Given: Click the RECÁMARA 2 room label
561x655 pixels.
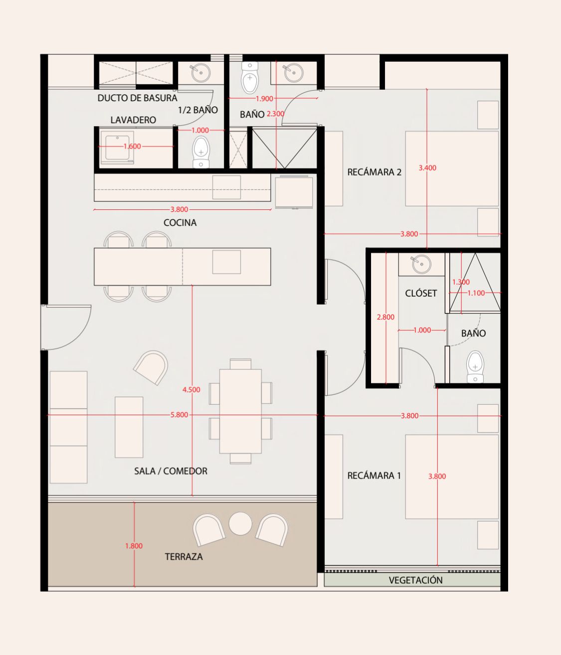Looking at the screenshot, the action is tap(374, 172).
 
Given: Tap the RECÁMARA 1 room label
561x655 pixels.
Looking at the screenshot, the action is tap(374, 476).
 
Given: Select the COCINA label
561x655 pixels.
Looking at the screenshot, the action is tap(180, 223).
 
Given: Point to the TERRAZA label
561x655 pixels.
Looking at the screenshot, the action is tap(184, 556).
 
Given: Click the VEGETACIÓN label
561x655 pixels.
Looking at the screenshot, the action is tap(415, 580).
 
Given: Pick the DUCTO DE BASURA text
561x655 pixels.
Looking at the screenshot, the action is tap(137, 98).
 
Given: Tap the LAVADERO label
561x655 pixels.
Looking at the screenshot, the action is tap(133, 120).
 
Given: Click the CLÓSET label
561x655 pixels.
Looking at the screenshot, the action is tap(421, 293).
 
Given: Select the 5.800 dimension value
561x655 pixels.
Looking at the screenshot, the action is tap(179, 415).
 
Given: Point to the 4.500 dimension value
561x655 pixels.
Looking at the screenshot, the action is tap(191, 390).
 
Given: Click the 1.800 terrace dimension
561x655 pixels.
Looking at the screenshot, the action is tap(134, 546).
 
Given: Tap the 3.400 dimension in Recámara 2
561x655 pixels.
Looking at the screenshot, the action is tap(427, 168).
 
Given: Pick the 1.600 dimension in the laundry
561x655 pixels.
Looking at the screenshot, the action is tap(132, 147).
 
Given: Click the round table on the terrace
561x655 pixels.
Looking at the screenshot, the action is tap(240, 523).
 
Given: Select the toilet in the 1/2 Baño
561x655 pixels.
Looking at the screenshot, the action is tap(201, 152).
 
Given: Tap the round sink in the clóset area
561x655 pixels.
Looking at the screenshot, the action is tap(421, 264).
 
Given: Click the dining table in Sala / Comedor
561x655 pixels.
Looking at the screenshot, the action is tap(240, 411).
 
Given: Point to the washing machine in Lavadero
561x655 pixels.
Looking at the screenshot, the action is tap(117, 148).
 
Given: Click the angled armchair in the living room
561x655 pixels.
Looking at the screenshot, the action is tap(151, 367).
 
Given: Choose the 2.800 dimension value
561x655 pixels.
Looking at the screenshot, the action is tap(385, 317).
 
